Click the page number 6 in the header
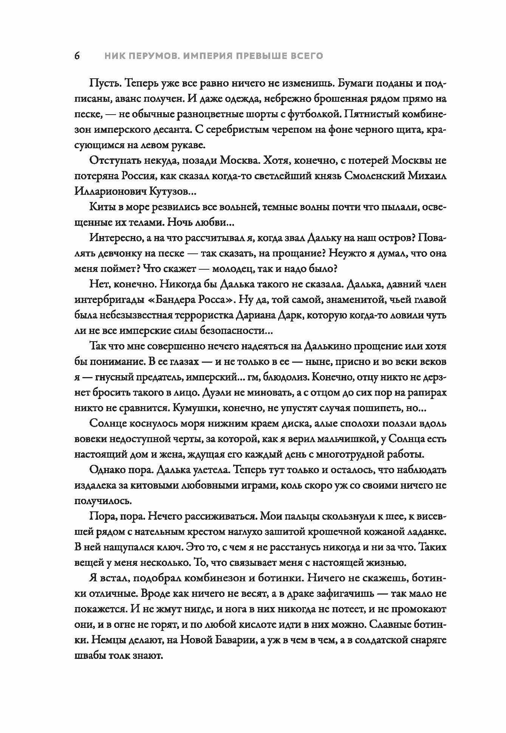tap(77, 56)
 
